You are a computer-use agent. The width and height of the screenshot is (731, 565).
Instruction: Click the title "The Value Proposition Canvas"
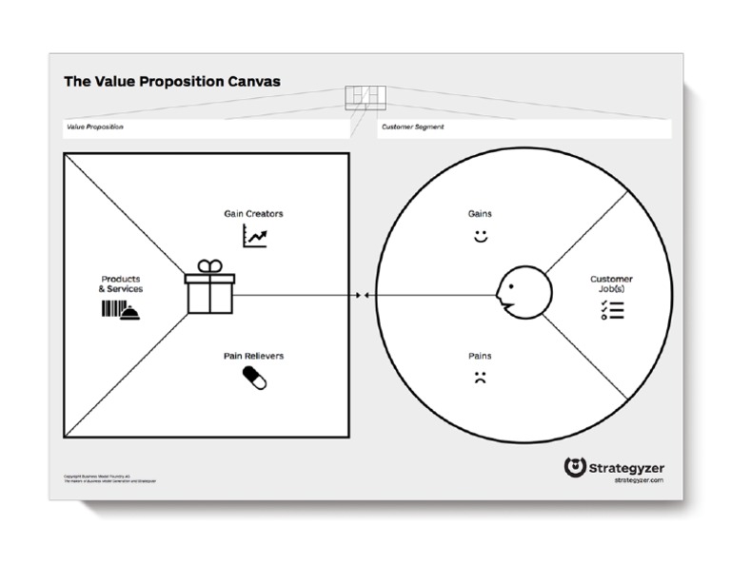[172, 82]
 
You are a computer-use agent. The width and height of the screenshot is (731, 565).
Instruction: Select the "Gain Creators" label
[253, 214]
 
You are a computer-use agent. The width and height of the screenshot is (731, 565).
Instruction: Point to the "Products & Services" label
[121, 283]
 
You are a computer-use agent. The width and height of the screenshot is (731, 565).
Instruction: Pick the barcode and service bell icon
[121, 310]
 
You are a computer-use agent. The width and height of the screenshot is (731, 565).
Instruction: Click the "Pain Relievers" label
[253, 356]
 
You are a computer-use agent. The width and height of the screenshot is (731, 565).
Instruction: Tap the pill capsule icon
[254, 378]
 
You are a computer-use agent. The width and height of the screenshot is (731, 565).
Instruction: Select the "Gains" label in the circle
[481, 214]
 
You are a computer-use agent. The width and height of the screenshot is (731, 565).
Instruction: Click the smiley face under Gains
[481, 235]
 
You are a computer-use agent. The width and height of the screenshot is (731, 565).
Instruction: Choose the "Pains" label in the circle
[480, 356]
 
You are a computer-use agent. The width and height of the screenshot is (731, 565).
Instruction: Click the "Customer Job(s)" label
[611, 283]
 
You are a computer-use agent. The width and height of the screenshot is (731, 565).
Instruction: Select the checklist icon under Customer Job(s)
[611, 309]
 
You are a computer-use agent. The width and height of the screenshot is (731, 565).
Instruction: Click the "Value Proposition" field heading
[95, 127]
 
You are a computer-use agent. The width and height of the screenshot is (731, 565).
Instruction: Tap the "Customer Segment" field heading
[413, 127]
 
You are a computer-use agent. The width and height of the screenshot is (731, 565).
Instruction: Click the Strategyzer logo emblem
[574, 467]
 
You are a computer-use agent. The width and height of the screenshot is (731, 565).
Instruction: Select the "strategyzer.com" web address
[639, 480]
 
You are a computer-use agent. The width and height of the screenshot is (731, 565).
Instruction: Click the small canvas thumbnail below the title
[365, 96]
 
